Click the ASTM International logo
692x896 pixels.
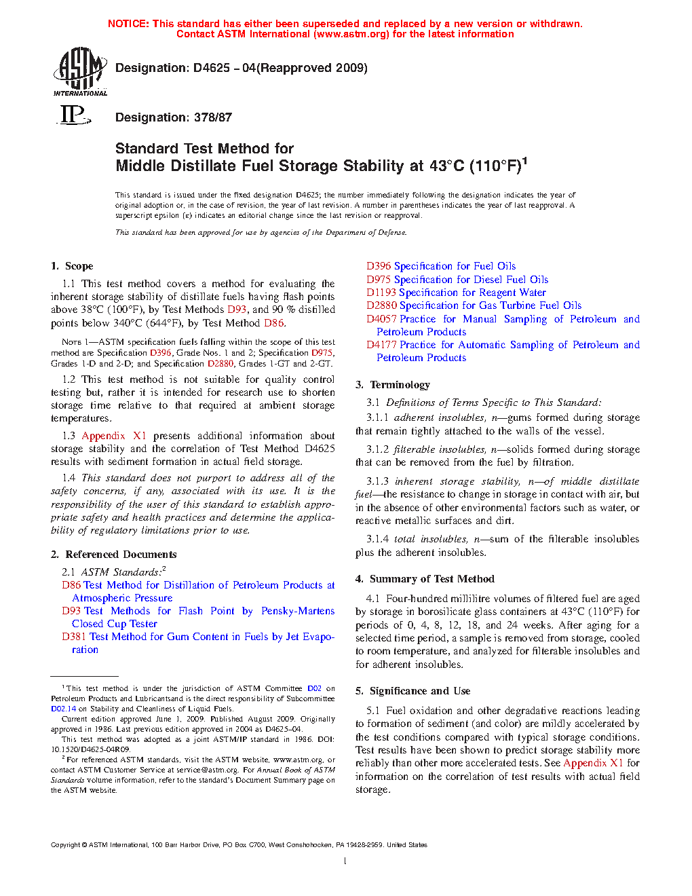[x=80, y=71]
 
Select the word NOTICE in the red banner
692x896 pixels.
[x=128, y=24]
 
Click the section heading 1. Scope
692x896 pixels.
[x=72, y=266]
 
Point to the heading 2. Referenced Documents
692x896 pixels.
[x=113, y=555]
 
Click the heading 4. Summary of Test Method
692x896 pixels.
[x=425, y=579]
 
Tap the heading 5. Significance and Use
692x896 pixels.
[x=412, y=691]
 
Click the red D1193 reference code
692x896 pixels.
[x=381, y=293]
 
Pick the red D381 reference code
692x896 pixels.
[x=74, y=637]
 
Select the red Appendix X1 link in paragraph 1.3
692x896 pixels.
[x=114, y=436]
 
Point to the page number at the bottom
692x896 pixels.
[x=345, y=861]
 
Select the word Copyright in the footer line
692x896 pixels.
[x=65, y=845]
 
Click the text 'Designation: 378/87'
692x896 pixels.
[x=174, y=117]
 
